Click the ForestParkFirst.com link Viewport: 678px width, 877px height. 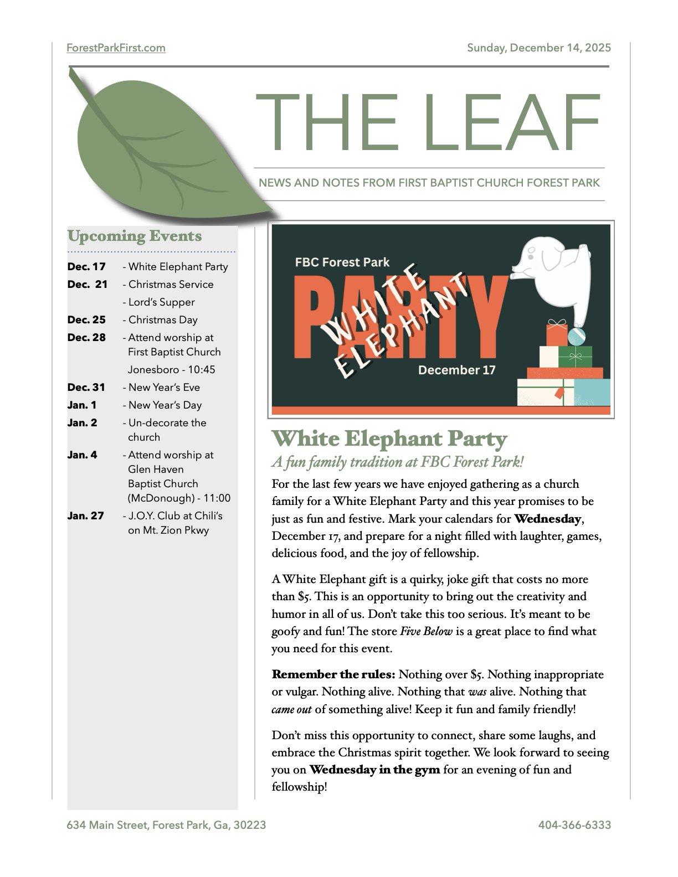pyautogui.click(x=116, y=48)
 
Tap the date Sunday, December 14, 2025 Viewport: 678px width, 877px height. pyautogui.click(x=538, y=48)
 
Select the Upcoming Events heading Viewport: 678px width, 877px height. pyautogui.click(x=135, y=236)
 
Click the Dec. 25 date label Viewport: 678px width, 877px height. pyautogui.click(x=86, y=320)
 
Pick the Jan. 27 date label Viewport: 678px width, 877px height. pyautogui.click(x=85, y=516)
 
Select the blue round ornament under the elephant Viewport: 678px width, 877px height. pyautogui.click(x=577, y=336)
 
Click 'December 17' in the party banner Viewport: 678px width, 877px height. pyautogui.click(x=456, y=370)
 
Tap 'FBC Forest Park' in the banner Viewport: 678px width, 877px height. pyautogui.click(x=342, y=262)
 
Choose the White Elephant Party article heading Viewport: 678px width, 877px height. pyautogui.click(x=389, y=439)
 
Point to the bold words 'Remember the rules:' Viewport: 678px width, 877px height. pyautogui.click(x=333, y=675)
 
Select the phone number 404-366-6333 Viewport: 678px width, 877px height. pyautogui.click(x=574, y=825)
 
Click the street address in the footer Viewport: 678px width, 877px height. pyautogui.click(x=166, y=825)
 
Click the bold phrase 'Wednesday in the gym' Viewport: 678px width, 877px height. pyautogui.click(x=374, y=770)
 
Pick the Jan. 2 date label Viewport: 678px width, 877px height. pyautogui.click(x=82, y=423)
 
